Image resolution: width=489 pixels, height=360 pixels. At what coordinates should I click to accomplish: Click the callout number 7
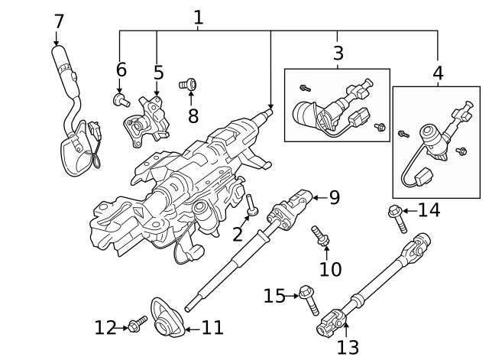59,21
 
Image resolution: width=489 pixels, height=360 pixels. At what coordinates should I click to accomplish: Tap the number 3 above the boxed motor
338,53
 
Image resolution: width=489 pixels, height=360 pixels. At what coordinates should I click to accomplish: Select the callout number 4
438,73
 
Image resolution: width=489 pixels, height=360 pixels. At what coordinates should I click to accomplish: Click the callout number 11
212,328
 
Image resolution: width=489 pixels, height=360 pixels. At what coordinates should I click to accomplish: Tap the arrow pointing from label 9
318,198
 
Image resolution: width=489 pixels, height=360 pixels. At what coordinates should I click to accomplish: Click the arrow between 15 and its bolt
293,295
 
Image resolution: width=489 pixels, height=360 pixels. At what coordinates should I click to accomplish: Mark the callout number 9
334,198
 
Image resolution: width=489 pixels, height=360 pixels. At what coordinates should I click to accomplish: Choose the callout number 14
429,209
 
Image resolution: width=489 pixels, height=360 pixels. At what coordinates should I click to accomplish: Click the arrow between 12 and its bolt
122,328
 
